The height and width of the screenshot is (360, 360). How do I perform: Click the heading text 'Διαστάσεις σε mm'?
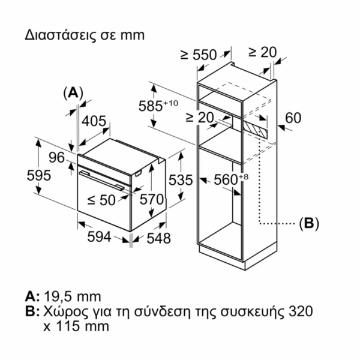(85, 34)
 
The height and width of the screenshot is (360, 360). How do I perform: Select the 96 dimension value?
(56, 158)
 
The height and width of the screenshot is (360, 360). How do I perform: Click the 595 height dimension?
(38, 176)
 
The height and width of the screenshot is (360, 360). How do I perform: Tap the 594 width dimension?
(100, 237)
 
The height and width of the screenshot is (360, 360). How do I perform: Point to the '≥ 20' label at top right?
(262, 52)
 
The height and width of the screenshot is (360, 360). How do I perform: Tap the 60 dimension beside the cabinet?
(293, 118)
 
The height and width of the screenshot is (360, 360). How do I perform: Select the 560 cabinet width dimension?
(231, 179)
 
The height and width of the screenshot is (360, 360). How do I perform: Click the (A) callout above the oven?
(73, 92)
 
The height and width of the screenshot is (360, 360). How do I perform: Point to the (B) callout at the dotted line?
(308, 223)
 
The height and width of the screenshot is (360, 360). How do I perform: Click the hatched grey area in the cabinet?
(255, 127)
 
